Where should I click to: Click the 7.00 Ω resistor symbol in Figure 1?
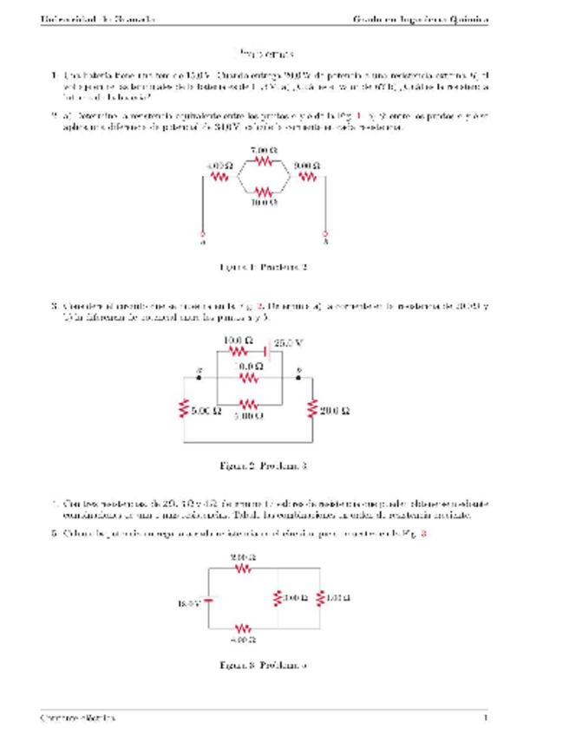pyautogui.click(x=264, y=160)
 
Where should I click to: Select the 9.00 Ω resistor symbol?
pyautogui.click(x=307, y=178)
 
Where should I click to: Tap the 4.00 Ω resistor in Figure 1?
pyautogui.click(x=219, y=178)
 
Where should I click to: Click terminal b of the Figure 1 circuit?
pyautogui.click(x=326, y=234)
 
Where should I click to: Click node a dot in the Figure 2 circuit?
pyautogui.click(x=200, y=378)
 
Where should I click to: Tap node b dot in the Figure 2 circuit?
pyautogui.click(x=299, y=378)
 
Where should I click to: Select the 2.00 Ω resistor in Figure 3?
pyautogui.click(x=244, y=569)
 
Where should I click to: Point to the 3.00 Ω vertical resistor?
pyautogui.click(x=278, y=598)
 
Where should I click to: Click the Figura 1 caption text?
pyautogui.click(x=265, y=268)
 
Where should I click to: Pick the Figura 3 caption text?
pyautogui.click(x=265, y=666)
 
